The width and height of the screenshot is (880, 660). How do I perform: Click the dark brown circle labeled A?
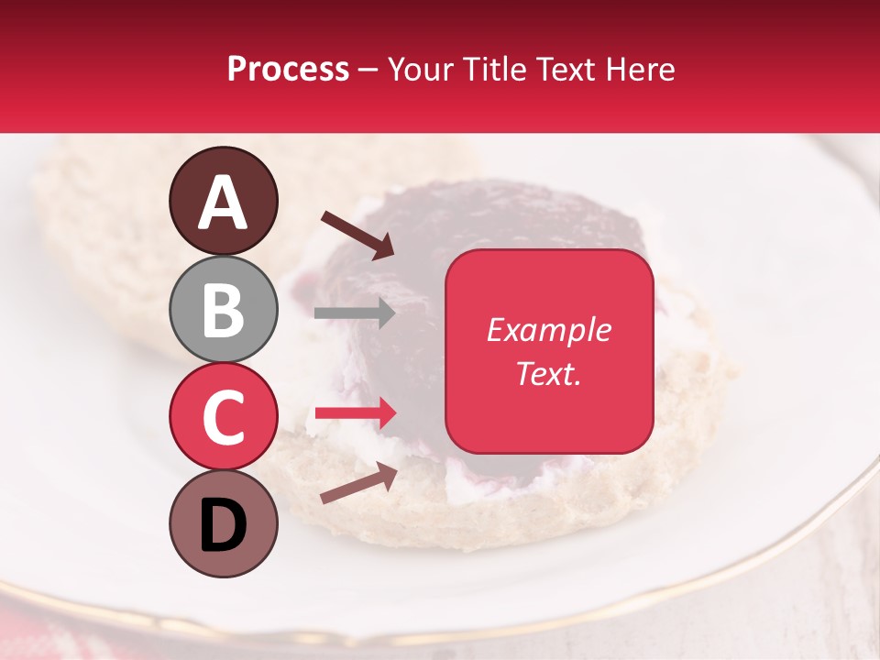pyautogui.click(x=223, y=201)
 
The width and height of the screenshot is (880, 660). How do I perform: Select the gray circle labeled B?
pyautogui.click(x=223, y=309)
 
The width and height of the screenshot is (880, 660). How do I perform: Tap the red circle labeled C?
pyautogui.click(x=223, y=416)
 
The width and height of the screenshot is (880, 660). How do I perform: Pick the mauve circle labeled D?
pyautogui.click(x=223, y=523)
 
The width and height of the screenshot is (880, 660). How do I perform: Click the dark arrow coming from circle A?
pyautogui.click(x=357, y=235)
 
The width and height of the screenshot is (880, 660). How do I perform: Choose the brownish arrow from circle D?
pyautogui.click(x=358, y=483)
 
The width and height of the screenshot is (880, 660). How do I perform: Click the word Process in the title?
pyautogui.click(x=288, y=69)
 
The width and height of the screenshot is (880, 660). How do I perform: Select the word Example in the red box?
pyautogui.click(x=548, y=330)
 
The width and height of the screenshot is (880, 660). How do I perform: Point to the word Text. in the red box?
pyautogui.click(x=548, y=373)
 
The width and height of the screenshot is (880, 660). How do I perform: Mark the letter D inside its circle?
pyautogui.click(x=223, y=526)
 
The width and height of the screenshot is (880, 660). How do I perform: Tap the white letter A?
pyautogui.click(x=223, y=203)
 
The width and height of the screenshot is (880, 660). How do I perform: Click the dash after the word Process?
pyautogui.click(x=368, y=71)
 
